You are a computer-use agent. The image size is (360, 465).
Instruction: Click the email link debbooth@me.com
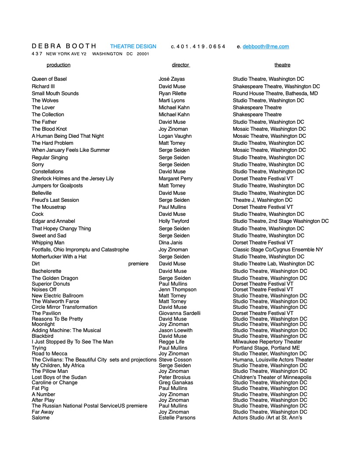(x=266, y=46)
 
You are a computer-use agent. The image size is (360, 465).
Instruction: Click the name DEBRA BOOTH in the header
(x=64, y=46)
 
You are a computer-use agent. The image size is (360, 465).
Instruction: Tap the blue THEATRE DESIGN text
(x=133, y=46)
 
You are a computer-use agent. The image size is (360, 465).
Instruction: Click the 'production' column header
(x=58, y=65)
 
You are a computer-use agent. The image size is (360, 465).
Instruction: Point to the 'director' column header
(x=180, y=65)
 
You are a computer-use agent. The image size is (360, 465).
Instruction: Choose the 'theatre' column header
(x=282, y=65)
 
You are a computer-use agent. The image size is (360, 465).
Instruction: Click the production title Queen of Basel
(x=49, y=79)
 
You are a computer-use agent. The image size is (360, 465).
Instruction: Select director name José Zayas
(x=172, y=79)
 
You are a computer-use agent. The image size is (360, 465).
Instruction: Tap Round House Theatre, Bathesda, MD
(x=275, y=93)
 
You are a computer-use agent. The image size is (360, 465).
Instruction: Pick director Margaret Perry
(x=176, y=179)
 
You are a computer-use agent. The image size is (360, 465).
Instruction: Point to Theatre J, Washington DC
(x=263, y=200)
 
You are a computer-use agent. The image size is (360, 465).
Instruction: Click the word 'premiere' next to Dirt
(x=138, y=264)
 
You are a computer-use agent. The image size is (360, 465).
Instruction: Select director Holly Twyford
(x=174, y=221)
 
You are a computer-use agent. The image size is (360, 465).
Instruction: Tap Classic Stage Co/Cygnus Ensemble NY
(x=277, y=250)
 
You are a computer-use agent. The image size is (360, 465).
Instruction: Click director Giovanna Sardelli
(x=180, y=313)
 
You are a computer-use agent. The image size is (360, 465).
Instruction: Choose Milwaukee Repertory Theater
(x=267, y=342)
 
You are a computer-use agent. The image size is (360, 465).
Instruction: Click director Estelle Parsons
(x=177, y=418)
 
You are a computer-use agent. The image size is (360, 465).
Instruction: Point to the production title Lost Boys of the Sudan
(x=59, y=377)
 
